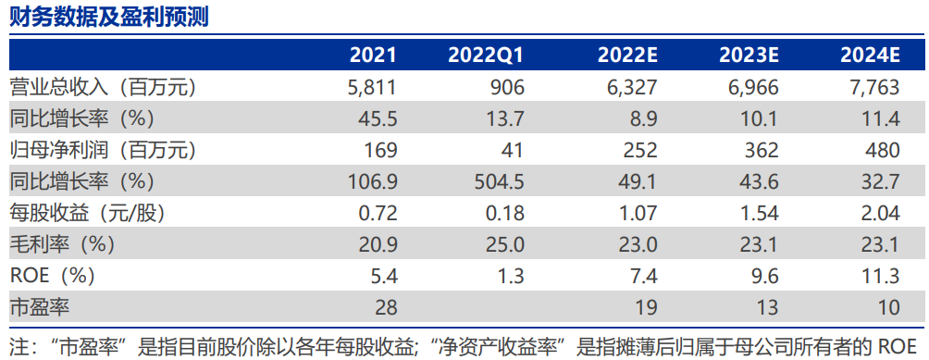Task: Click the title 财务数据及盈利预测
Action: tap(109, 17)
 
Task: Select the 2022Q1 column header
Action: tap(486, 56)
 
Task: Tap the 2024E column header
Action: tap(870, 56)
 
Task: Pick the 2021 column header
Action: tap(373, 56)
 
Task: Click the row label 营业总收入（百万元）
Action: tap(103, 88)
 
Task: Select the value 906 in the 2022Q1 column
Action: tap(506, 88)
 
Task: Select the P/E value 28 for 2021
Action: tap(385, 306)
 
